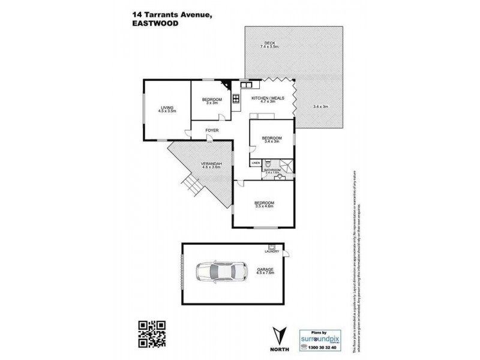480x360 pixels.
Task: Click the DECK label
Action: [x=263, y=42]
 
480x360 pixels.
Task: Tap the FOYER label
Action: [x=211, y=130]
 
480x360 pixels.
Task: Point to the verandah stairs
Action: [x=191, y=187]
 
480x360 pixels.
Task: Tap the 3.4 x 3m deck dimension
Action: [x=321, y=107]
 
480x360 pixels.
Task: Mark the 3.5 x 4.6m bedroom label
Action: [x=264, y=205]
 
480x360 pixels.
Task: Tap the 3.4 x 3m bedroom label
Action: [x=271, y=140]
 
